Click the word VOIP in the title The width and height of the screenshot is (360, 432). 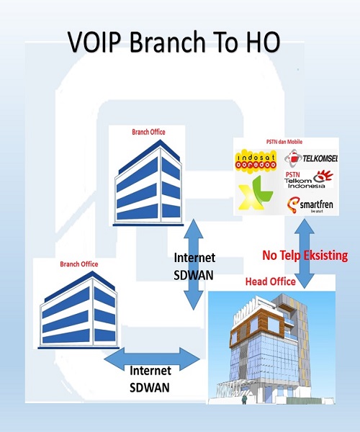tap(94, 42)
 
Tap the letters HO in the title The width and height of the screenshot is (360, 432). tap(263, 42)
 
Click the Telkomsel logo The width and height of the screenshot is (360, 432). tap(311, 158)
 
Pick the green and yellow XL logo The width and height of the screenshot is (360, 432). tap(256, 192)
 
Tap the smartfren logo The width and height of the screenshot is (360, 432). tap(310, 205)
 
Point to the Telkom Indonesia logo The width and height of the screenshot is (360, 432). tap(308, 179)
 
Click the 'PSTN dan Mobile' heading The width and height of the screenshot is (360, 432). tap(284, 142)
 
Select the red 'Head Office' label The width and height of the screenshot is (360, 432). tap(271, 282)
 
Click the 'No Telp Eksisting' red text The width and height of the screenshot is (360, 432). tap(305, 256)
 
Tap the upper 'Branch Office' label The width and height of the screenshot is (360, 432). tap(148, 132)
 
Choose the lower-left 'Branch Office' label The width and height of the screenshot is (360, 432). tap(79, 264)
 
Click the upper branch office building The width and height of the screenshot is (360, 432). tap(148, 183)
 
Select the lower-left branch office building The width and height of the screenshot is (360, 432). tap(78, 310)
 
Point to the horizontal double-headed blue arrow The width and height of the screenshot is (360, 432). tap(152, 359)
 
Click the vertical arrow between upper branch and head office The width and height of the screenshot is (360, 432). tap(194, 264)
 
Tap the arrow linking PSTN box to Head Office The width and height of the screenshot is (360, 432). tap(305, 253)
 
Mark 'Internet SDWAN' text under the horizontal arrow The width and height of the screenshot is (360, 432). tap(150, 379)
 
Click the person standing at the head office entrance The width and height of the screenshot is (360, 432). tap(244, 399)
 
